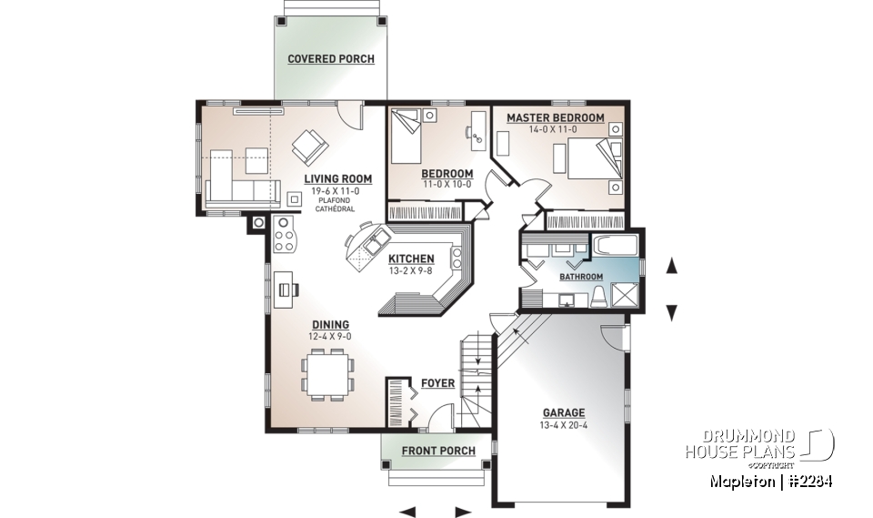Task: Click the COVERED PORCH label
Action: (331, 59)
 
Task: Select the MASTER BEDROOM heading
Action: (555, 118)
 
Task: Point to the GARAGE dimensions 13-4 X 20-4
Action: (565, 425)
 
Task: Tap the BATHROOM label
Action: (580, 277)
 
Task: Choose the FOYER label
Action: (438, 383)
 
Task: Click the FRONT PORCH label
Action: (438, 451)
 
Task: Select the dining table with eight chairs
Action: (329, 373)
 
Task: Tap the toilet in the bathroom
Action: (599, 295)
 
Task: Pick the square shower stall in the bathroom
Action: (626, 295)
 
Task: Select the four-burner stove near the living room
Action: (285, 236)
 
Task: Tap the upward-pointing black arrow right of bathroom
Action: (672, 266)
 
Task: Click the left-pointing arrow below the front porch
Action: (407, 511)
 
